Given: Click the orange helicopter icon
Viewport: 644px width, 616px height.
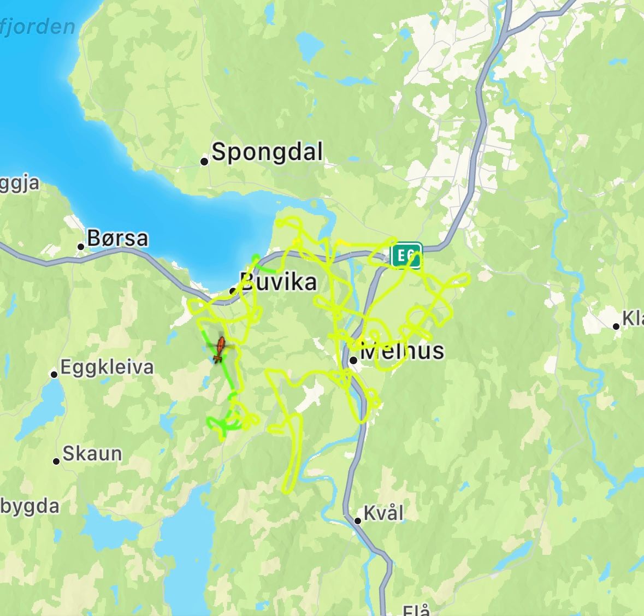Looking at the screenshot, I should click(x=220, y=349).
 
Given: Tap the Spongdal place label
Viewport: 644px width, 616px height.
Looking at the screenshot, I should click(x=267, y=152).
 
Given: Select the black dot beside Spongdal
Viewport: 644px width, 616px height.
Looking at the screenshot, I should click(x=204, y=161).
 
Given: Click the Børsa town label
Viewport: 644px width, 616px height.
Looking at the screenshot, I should click(x=117, y=238).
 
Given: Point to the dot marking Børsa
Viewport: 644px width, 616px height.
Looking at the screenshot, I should click(x=81, y=246).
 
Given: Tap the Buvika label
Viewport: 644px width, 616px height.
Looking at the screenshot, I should click(x=279, y=282).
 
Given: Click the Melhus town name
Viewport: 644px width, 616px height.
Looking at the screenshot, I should click(x=403, y=350).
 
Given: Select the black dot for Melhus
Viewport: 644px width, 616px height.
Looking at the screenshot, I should click(x=353, y=360).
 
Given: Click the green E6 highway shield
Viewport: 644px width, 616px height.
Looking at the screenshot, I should click(x=406, y=256).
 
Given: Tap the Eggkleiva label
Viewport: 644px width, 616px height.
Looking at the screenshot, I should click(x=107, y=367).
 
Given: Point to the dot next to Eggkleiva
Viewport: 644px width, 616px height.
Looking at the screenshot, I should click(x=54, y=375).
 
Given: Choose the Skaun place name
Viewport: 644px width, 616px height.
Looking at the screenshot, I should click(x=92, y=453).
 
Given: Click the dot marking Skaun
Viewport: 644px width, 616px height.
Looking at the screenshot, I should click(x=56, y=461).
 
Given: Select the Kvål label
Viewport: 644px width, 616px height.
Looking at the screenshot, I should click(x=383, y=513).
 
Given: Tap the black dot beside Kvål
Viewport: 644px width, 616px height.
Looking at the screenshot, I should click(x=358, y=521).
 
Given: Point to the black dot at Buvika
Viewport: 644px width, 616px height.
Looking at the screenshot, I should click(x=233, y=291).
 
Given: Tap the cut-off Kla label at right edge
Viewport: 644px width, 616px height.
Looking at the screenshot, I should click(x=633, y=318).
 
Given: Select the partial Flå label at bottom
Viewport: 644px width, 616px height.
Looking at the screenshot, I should click(x=416, y=610).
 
